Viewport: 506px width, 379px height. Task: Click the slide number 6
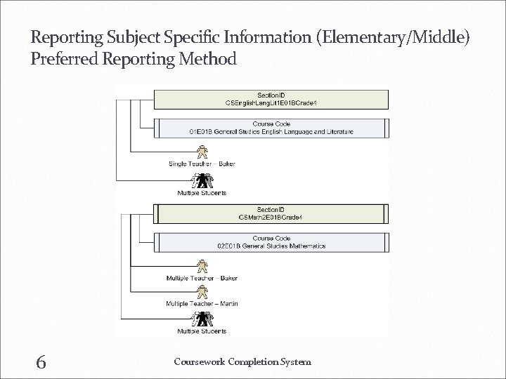[x=41, y=361]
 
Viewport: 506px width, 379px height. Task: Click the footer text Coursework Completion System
[x=242, y=361]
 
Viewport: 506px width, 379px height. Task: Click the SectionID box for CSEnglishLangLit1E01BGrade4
[x=271, y=99]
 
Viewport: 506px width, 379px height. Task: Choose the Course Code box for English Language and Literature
[x=271, y=128]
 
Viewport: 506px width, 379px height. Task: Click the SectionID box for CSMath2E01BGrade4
[x=271, y=213]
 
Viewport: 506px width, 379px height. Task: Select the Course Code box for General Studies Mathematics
[x=271, y=242]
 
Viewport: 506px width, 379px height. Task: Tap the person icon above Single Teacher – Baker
[x=202, y=152]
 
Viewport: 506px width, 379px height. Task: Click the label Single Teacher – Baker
[x=202, y=164]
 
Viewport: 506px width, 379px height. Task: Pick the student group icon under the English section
[x=202, y=180]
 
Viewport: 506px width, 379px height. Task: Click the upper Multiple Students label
[x=202, y=192]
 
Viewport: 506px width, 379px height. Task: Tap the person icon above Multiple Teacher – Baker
[x=202, y=266]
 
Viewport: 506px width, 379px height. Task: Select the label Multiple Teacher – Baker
[x=202, y=278]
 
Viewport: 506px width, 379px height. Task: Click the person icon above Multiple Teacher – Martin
[x=202, y=291]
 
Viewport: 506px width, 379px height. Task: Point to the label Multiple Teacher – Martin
[x=202, y=303]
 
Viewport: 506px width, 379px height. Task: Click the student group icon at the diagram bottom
[x=202, y=319]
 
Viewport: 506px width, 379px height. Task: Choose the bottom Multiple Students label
[x=202, y=331]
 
